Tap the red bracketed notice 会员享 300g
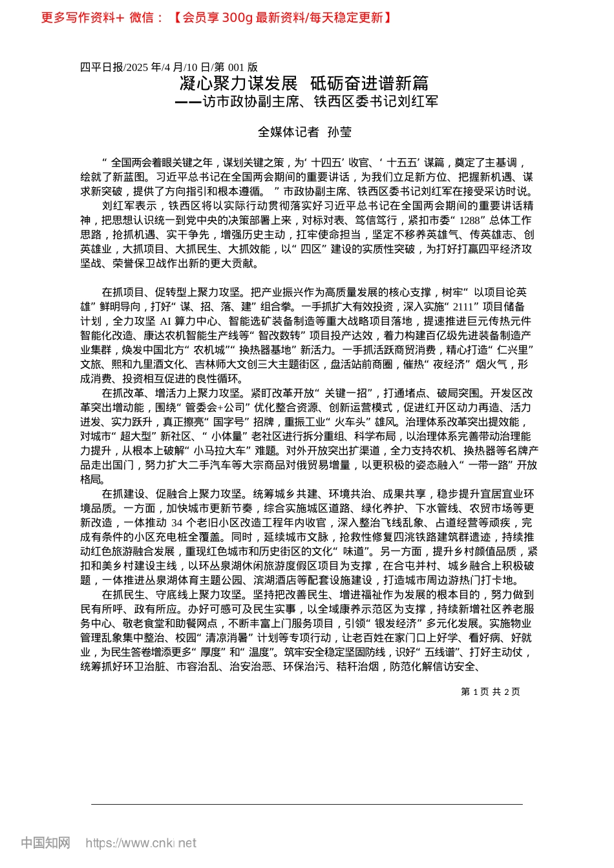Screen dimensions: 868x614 coord(281,17)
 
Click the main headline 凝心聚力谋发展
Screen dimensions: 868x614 coord(238,83)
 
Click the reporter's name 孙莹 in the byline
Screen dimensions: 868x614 coord(340,132)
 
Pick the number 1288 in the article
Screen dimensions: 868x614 coord(470,220)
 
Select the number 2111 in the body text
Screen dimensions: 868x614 coord(463,307)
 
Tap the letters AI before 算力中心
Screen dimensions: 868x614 coord(166,321)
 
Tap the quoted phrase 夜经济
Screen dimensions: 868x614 coord(465,364)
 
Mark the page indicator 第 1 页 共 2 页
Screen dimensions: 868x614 coord(490,692)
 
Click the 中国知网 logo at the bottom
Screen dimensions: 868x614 coord(45,843)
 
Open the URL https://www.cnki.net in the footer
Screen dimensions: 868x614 coord(141,843)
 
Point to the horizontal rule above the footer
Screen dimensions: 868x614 coord(306,804)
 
